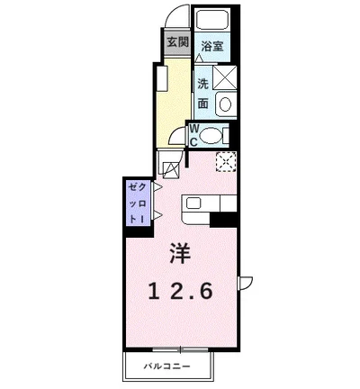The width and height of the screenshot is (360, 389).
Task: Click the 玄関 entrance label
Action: pos(177,42)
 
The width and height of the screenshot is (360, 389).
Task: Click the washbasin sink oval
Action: pos(224,104)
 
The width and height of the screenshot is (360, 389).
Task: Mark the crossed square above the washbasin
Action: pos(224,77)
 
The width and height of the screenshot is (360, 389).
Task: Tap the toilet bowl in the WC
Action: pos(211,135)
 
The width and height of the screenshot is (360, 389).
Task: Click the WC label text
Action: pos(193,135)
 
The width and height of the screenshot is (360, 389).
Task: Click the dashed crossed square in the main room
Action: pos(225,163)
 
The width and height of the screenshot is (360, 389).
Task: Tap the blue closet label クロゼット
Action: pos(137,203)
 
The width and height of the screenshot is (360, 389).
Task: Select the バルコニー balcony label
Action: pos(169,366)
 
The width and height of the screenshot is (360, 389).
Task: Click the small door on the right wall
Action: pos(244,281)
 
